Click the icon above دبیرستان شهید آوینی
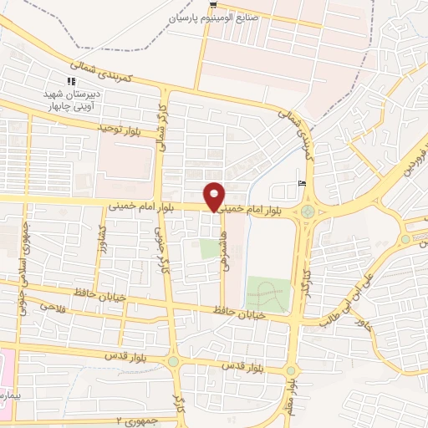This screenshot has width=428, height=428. point(71,81)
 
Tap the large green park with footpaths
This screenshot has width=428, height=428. point(267,293)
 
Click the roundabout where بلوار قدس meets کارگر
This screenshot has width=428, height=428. point(173,361)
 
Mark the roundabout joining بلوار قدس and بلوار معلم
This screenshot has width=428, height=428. point(289,367)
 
